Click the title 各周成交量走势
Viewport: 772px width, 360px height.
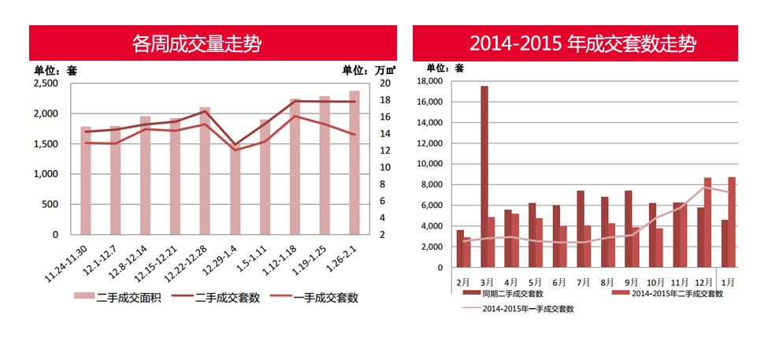(197, 43)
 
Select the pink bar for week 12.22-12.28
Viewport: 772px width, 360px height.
(205, 170)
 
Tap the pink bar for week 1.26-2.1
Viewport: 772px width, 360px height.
(354, 162)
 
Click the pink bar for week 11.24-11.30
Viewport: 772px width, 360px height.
(85, 180)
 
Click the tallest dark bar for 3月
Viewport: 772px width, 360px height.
(484, 176)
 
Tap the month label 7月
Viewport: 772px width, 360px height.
(583, 280)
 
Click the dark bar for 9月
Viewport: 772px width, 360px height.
(628, 228)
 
